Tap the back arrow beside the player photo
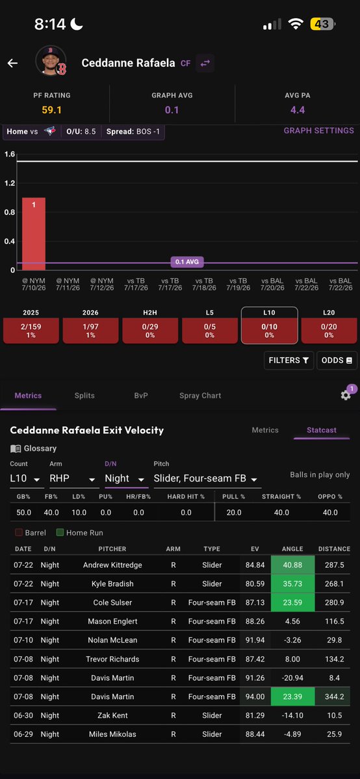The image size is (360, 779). point(12,63)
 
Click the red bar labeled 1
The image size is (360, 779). point(34,234)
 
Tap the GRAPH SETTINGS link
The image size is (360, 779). point(318,131)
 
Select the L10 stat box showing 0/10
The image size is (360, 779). point(270,326)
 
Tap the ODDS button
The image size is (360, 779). point(337,360)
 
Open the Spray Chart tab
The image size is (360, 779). point(200,396)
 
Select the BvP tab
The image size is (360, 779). point(141,396)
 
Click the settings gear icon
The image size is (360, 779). point(346,395)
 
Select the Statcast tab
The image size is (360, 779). point(321,429)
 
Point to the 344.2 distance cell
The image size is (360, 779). point(334,696)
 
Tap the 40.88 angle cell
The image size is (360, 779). point(292,565)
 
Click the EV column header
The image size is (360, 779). point(255,548)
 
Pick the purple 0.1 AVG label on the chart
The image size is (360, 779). point(187,262)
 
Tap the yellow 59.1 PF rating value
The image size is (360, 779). point(52,110)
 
